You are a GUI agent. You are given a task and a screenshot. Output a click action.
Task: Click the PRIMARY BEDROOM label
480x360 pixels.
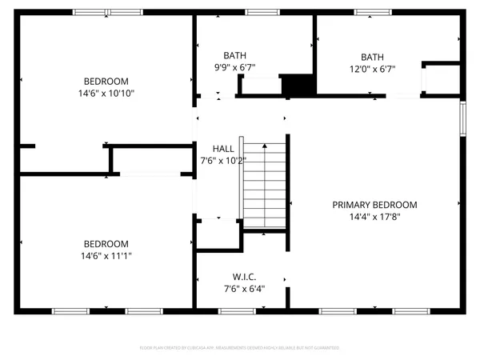tap(374, 205)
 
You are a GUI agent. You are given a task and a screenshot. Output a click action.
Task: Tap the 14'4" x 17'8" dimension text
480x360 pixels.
tap(374, 217)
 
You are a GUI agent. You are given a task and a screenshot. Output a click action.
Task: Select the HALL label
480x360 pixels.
tap(223, 149)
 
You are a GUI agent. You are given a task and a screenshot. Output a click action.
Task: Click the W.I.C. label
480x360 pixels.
tap(244, 277)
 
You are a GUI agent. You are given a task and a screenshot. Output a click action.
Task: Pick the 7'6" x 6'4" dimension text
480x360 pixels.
tap(244, 289)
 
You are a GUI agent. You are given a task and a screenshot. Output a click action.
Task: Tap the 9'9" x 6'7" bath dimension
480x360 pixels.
tap(235, 68)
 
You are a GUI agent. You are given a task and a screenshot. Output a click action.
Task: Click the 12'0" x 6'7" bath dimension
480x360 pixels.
tap(372, 68)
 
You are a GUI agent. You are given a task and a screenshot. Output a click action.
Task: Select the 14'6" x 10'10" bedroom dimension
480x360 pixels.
tap(106, 93)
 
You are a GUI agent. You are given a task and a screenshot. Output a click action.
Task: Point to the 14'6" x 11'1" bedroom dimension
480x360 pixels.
tap(106, 256)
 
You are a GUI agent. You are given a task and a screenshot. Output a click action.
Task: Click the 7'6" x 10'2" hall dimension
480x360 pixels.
tap(223, 161)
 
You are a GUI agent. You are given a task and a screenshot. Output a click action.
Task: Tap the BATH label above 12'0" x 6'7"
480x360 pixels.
tap(372, 57)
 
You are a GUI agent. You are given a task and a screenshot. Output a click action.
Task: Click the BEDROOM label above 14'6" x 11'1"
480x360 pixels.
tap(106, 244)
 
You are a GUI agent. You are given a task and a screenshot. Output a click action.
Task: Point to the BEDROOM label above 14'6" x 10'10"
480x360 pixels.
tap(106, 81)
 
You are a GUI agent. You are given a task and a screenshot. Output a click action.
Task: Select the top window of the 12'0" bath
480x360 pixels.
tap(369, 13)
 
